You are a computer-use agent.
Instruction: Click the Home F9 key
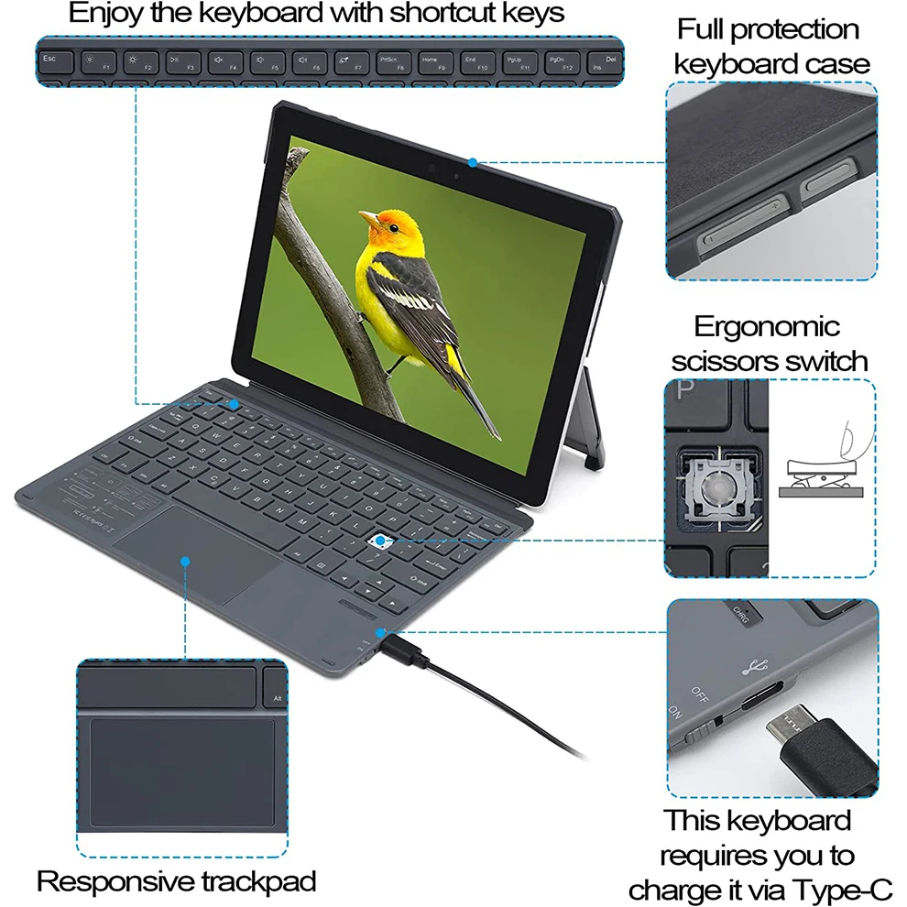432,61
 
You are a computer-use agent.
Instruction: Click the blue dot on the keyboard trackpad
184,561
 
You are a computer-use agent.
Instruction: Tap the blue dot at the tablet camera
473,163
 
